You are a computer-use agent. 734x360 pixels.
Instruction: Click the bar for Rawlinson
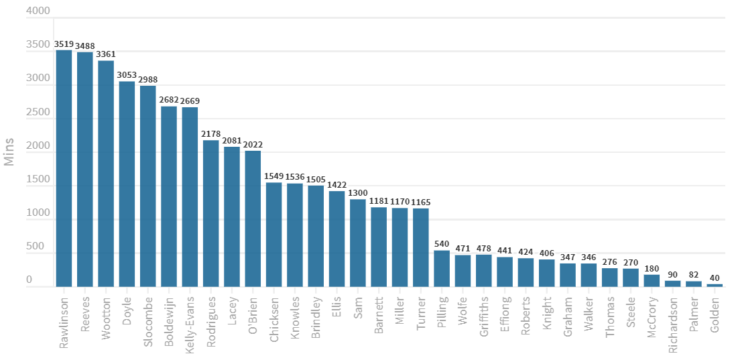click(x=64, y=168)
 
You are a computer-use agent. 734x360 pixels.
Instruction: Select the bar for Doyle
click(x=127, y=184)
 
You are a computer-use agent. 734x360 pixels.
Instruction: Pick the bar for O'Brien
click(x=253, y=219)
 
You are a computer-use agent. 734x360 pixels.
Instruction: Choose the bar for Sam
click(x=358, y=243)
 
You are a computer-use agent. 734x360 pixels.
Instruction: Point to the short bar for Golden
click(x=715, y=285)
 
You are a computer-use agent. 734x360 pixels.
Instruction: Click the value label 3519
click(x=64, y=44)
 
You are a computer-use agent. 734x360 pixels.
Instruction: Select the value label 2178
click(x=211, y=134)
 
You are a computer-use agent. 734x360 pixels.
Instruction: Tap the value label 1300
click(x=358, y=193)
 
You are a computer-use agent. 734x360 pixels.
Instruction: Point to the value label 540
click(x=442, y=244)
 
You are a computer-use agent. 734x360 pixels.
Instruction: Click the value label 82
click(x=694, y=275)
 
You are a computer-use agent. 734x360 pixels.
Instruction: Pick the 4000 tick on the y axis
click(x=38, y=11)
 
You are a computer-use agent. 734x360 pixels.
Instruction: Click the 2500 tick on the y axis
click(x=38, y=113)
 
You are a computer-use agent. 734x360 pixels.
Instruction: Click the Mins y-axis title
click(x=9, y=152)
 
